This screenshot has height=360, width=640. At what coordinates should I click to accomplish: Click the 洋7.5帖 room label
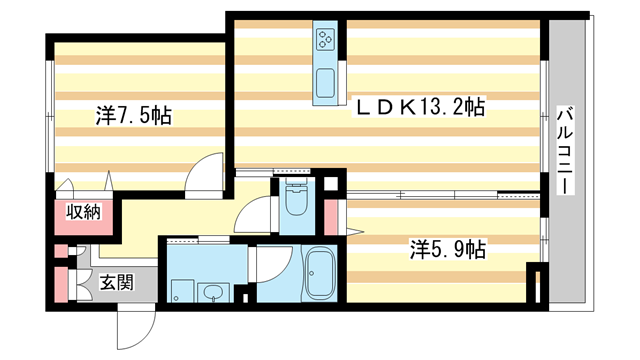pos(134,116)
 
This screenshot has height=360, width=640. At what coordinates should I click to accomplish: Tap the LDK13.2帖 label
pos(421,106)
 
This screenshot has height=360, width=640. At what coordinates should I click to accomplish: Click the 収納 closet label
pos(84,211)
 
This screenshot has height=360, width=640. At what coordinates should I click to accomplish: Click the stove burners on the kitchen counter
pos(327,40)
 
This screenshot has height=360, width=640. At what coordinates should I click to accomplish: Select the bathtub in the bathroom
pos(321,272)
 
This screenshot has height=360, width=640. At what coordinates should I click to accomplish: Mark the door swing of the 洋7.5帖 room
pos(205,170)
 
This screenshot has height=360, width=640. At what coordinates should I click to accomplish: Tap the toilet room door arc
pos(258,213)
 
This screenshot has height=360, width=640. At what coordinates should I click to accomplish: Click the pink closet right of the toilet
pos(331,214)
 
